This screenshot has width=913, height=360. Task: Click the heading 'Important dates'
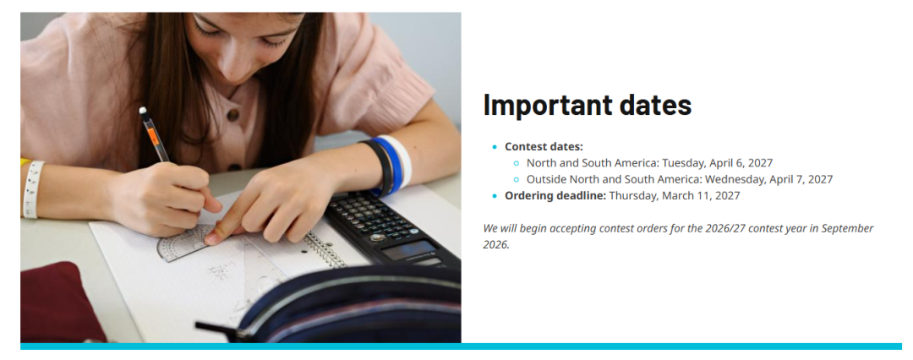588,105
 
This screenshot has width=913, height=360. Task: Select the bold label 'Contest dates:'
544,147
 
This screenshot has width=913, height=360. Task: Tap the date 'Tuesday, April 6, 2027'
718,163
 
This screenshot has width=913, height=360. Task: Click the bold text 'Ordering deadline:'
555,196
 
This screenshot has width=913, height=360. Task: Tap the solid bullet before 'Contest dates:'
495,147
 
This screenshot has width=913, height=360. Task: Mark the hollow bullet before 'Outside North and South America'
517,179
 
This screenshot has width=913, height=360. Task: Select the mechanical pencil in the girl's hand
155,135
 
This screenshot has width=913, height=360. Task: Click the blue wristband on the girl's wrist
386,166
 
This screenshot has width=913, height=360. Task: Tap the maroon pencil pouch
58,303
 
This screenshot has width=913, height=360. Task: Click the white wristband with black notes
33,189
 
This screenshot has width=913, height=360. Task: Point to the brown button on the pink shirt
233,115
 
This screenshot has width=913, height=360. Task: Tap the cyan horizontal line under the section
462,346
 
